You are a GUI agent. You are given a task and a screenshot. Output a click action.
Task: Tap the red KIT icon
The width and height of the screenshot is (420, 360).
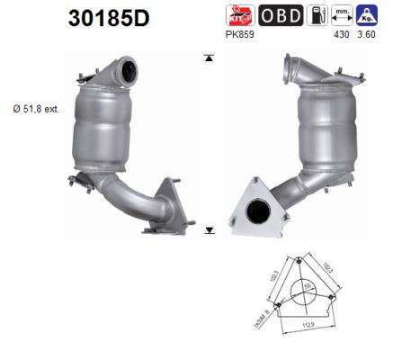[241, 15]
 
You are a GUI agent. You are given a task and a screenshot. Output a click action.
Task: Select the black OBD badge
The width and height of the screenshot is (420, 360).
[280, 16]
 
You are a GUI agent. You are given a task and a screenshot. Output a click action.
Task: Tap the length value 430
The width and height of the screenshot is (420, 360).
[342, 34]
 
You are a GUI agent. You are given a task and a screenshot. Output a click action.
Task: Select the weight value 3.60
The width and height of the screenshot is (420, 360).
[367, 34]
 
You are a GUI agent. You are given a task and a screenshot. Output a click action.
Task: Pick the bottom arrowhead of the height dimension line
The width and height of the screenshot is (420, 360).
[210, 229]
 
